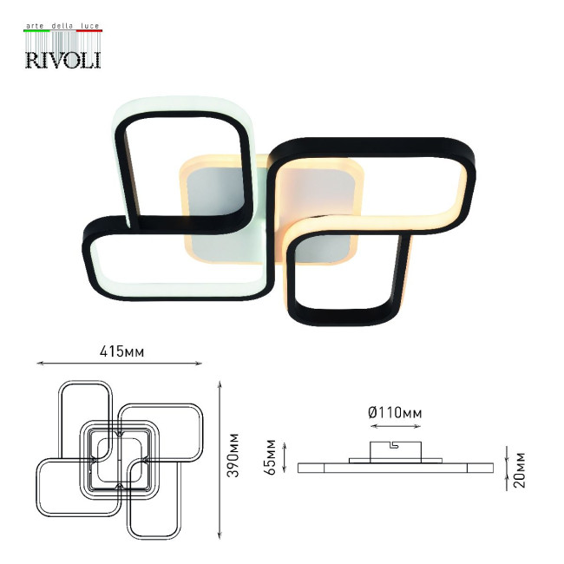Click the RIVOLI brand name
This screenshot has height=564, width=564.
pos(62,58)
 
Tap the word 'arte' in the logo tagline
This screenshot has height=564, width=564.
pos(37,28)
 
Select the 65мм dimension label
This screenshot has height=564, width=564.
pos(271,457)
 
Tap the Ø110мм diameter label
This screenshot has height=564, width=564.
pos(395,414)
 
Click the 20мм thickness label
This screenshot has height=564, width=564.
pos(520,469)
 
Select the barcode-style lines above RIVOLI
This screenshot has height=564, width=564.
pos(62,41)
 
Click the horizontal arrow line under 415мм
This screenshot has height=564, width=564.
pos(121,363)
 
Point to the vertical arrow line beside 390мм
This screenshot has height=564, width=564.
pos(220,456)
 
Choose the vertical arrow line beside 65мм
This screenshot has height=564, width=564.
pos(282,456)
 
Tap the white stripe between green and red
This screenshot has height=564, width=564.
pos(62,32)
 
